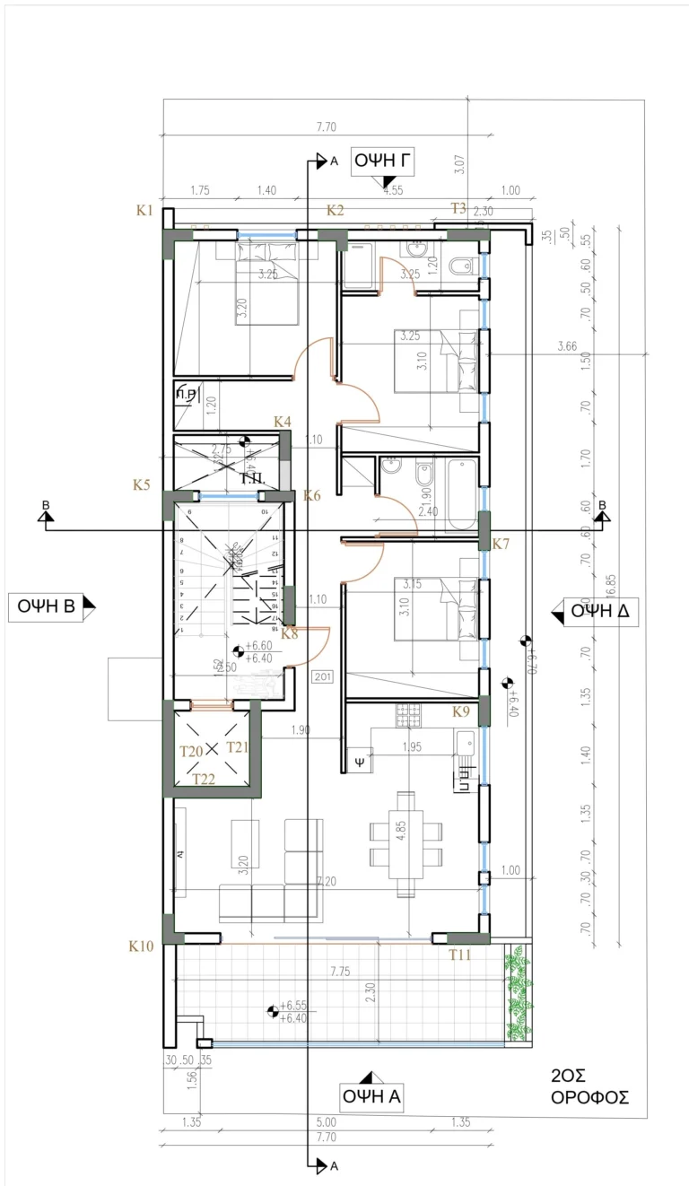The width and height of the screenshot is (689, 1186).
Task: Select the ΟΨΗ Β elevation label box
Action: point(50,607)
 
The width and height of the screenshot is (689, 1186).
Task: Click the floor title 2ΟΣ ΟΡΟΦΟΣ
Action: point(589,1087)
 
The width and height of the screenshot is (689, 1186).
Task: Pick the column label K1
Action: point(145,211)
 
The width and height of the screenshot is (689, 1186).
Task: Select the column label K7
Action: point(501,544)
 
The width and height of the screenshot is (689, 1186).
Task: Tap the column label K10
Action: point(142,946)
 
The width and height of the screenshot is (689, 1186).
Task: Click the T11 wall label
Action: point(460,955)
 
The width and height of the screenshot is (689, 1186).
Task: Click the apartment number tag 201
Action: point(322,677)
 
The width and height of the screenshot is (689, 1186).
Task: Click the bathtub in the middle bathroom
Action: point(462,494)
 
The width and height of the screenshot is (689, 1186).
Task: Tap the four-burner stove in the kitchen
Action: point(408,715)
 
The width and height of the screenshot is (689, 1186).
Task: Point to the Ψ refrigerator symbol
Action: point(360,759)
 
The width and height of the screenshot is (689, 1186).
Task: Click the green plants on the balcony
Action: point(519,994)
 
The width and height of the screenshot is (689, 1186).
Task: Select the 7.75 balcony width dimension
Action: point(339,971)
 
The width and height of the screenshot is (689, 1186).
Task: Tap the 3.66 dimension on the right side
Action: point(566,346)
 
